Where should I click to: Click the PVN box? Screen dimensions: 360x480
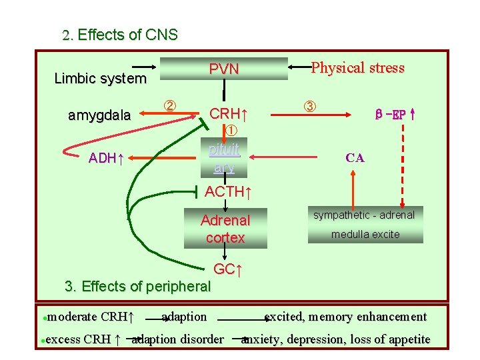[224, 69]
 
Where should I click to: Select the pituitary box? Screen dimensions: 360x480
[224, 158]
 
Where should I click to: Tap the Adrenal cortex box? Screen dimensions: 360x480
[225, 229]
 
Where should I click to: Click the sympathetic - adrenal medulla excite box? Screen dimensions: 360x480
[365, 225]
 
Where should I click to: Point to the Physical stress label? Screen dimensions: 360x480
[357, 68]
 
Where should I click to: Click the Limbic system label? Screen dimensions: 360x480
[100, 79]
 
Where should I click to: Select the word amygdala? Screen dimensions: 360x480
[100, 115]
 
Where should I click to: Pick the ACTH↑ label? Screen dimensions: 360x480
[228, 192]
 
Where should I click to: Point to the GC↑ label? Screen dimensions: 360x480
[227, 269]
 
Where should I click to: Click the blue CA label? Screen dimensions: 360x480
[355, 158]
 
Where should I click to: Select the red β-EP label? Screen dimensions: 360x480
[395, 114]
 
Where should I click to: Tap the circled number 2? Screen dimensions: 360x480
[170, 105]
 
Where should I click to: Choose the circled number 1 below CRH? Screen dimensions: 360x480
[231, 129]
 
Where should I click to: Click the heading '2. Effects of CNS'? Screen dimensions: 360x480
[120, 35]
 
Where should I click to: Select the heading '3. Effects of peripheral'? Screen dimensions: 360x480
[137, 287]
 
